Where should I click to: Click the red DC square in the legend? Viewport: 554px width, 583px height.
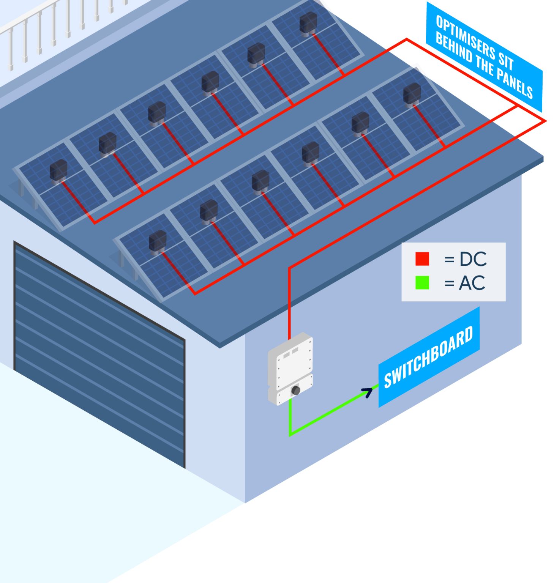(422, 259)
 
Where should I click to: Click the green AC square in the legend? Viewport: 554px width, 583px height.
(422, 283)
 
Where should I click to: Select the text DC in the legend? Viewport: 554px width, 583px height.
(473, 259)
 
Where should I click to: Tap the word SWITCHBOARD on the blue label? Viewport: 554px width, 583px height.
(428, 358)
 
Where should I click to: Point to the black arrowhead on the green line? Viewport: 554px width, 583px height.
(368, 392)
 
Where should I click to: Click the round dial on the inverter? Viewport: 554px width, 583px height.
(295, 390)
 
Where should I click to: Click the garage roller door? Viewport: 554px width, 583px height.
(99, 353)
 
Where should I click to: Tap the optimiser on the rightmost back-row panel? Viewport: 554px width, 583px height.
(308, 23)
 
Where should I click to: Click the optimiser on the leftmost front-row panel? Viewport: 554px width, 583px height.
(157, 241)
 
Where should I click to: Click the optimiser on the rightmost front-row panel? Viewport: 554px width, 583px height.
(412, 93)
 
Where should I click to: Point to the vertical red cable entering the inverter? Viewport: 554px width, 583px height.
(289, 304)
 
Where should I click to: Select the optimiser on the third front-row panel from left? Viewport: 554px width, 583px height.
(260, 180)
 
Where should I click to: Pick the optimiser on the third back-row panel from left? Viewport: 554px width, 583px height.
(156, 112)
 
